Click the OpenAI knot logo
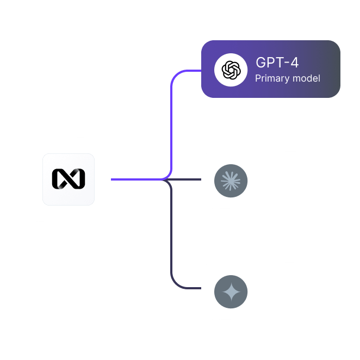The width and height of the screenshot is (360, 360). coord(231,70)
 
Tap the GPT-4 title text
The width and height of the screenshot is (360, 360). coord(277,63)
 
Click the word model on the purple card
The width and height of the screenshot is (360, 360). coord(306,78)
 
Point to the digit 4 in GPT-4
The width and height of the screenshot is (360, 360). coord(294,63)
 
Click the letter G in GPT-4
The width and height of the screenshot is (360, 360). coord(260,63)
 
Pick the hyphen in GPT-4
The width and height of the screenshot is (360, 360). coord(287,63)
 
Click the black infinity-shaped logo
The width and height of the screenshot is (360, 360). coord(69,179)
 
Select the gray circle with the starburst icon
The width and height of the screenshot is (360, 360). coord(231,181)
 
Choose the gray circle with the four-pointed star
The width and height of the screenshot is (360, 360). coord(231,291)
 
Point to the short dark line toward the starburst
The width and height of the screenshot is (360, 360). coord(184,179)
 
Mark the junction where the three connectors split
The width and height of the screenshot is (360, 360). coord(164,179)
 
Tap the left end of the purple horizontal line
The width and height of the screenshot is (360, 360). coord(111,179)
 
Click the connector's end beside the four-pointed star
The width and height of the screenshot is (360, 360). coord(201,288)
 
